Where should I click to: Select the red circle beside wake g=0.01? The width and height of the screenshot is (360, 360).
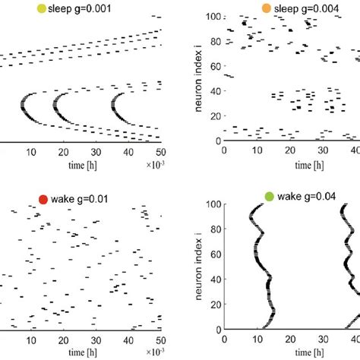tap(43, 200)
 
